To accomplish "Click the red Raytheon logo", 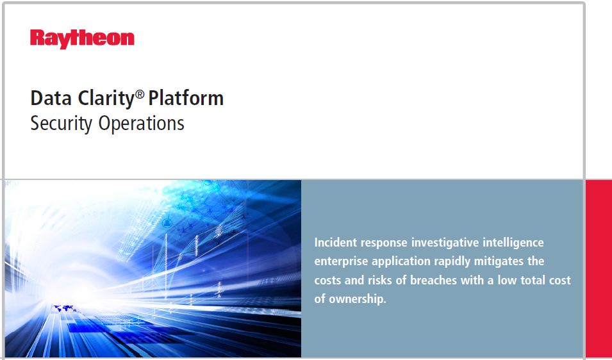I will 82,38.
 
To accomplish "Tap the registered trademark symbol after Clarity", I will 140,94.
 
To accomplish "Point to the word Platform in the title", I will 186,98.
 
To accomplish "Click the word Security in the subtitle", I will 62,123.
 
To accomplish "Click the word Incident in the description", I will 335,243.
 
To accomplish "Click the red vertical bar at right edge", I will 599,269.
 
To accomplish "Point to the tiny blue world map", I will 64,309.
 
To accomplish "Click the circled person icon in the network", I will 168,224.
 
